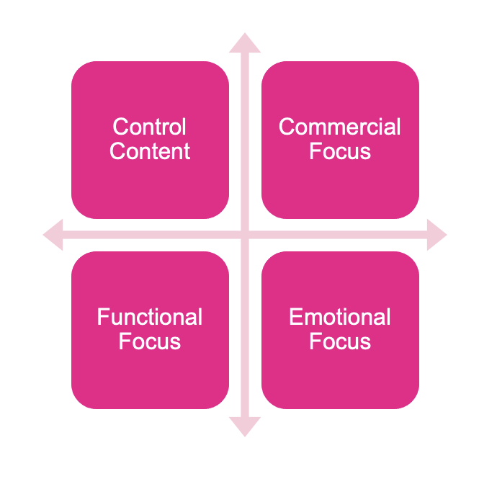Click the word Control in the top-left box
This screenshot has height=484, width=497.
click(x=150, y=127)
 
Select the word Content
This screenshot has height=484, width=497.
click(x=150, y=152)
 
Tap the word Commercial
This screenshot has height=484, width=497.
click(x=340, y=127)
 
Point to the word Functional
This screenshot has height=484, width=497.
click(x=150, y=318)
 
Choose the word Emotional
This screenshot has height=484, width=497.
click(x=340, y=318)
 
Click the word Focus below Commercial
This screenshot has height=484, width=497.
click(x=340, y=152)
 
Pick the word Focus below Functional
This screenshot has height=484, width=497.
click(x=150, y=341)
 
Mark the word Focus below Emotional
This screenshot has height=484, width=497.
click(x=340, y=341)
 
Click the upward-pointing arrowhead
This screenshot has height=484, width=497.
click(x=245, y=42)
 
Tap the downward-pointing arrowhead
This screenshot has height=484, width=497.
click(x=245, y=426)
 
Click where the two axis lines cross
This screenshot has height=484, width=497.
click(x=245, y=235)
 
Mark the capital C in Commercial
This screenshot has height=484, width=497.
click(x=286, y=127)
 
